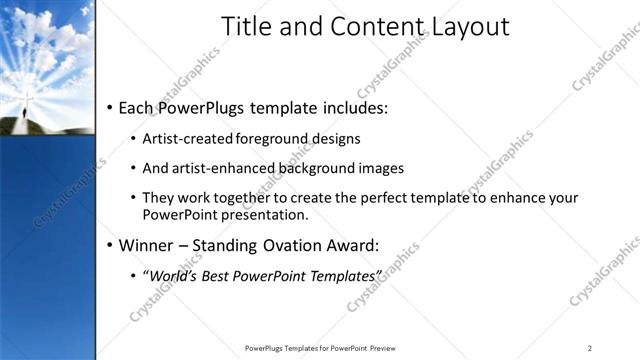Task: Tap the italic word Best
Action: (220, 275)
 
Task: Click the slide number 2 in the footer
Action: (590, 348)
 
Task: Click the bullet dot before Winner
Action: (109, 245)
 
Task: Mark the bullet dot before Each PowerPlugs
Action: (109, 107)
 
